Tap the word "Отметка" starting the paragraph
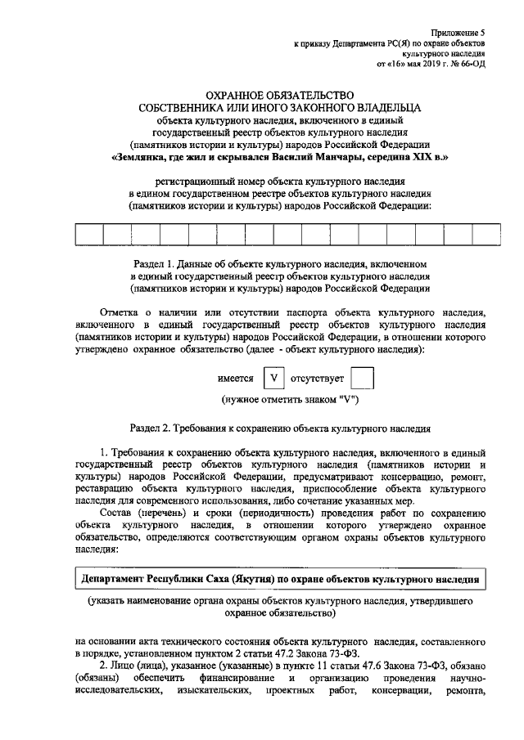click(x=121, y=313)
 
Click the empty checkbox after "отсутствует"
click(x=361, y=379)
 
